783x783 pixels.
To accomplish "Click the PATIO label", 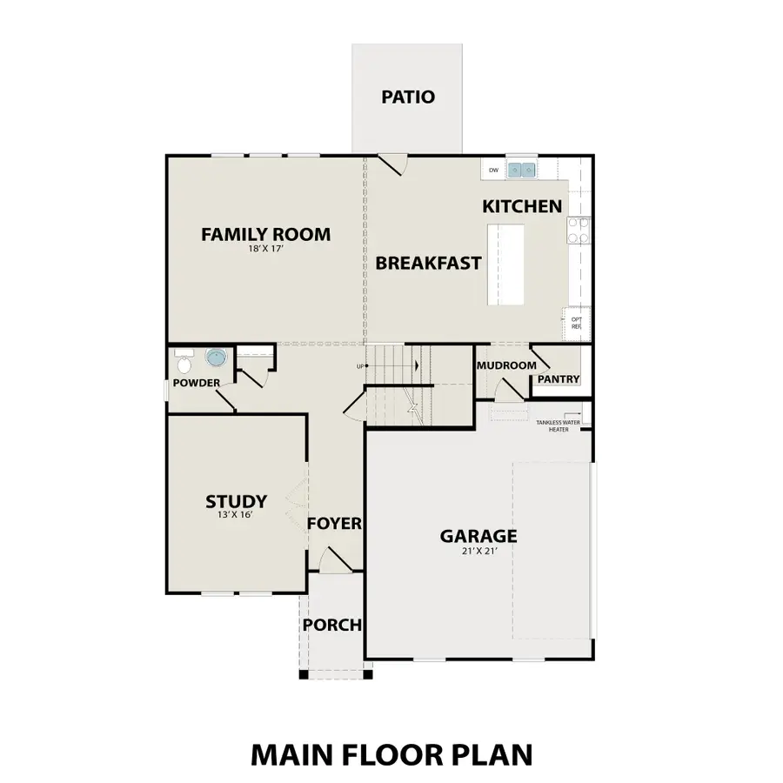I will (x=407, y=97).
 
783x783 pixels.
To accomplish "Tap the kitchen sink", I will (x=523, y=170).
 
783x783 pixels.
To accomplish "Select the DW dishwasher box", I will (x=493, y=170).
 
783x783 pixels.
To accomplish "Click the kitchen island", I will (x=505, y=264).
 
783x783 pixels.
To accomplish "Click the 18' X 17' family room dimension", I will (x=265, y=249).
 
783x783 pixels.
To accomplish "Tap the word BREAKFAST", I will (x=428, y=263).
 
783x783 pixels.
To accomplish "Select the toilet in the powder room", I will (x=184, y=358).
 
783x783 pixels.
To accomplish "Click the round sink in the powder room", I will (x=215, y=357).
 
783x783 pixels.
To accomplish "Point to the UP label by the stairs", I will (x=359, y=366).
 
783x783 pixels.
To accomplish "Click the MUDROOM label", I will (x=505, y=365).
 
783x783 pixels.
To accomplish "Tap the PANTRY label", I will (x=558, y=379).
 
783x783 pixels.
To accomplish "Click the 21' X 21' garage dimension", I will (x=478, y=550).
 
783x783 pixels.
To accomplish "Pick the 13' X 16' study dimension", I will (x=236, y=515).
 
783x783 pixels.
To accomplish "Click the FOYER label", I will (x=334, y=524).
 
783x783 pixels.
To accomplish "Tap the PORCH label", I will (x=331, y=626).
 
